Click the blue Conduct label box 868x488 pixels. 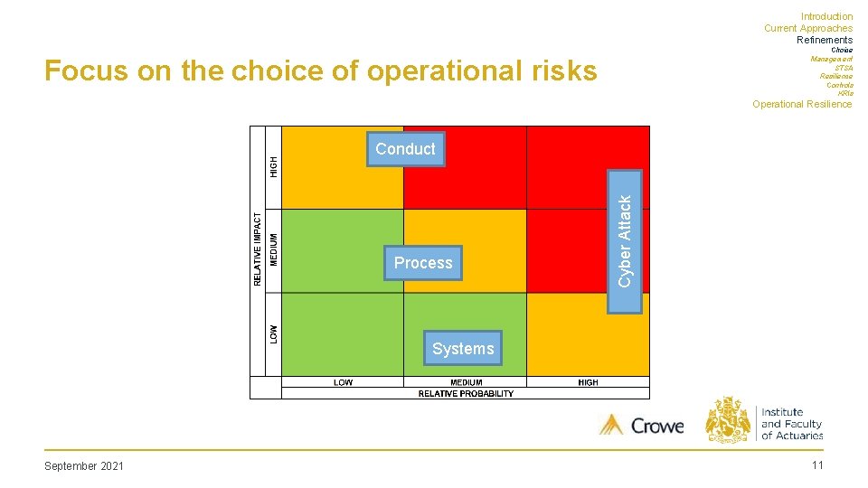405,149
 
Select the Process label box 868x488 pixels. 422,263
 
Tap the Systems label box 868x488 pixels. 463,348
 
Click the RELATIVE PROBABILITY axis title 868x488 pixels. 466,394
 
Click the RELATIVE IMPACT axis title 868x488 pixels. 258,249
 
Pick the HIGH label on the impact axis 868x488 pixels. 274,166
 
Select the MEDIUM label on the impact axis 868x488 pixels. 274,249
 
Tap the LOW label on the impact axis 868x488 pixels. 274,333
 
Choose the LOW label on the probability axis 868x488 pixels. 343,382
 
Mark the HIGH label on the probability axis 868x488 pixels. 588,382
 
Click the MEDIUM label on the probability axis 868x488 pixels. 466,382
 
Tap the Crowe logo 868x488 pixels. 642,425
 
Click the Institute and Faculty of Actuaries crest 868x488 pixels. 728,419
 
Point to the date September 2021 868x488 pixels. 84,465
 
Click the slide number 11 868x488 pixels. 817,465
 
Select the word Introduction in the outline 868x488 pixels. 826,16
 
